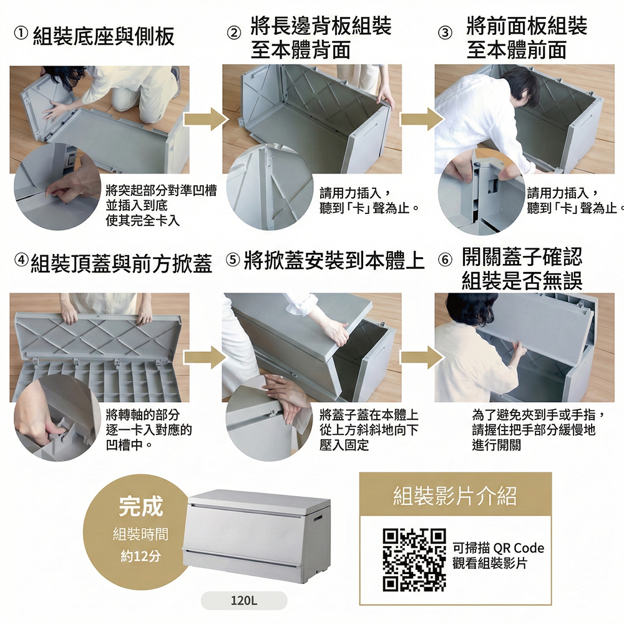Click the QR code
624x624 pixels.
414,560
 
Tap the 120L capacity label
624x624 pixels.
244,600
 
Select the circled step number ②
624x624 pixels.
234,33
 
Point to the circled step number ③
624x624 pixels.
446,33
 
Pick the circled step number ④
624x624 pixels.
21,260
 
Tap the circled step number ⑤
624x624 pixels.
233,260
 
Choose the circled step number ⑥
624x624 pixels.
446,260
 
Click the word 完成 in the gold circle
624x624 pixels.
141,506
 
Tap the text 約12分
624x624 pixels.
141,556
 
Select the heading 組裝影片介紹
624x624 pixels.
456,496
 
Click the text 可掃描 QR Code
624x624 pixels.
498,548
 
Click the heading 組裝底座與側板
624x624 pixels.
104,36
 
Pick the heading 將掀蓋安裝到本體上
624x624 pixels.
334,260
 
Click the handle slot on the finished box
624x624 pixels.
318,519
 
